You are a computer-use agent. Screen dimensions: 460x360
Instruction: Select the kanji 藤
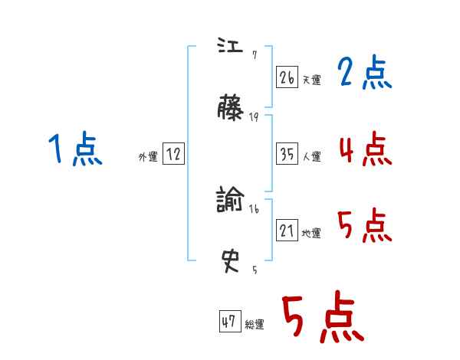click(231, 110)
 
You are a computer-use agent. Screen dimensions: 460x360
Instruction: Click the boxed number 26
click(287, 77)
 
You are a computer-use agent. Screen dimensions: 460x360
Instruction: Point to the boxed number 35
click(287, 153)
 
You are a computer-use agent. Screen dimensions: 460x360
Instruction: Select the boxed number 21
click(287, 230)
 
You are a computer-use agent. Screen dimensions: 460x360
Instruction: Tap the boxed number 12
click(173, 154)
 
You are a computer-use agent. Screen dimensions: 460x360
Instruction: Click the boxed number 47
click(228, 322)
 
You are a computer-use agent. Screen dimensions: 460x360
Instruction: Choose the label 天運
click(311, 80)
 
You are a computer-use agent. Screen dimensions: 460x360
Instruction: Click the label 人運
click(311, 156)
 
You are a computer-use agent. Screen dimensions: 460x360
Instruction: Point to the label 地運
click(311, 233)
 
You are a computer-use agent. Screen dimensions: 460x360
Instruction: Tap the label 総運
click(254, 325)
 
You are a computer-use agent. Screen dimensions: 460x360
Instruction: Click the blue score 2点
click(364, 74)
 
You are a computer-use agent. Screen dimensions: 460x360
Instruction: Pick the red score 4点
click(364, 149)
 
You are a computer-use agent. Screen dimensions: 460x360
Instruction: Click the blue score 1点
click(74, 149)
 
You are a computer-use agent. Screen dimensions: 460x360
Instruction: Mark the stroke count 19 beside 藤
click(254, 117)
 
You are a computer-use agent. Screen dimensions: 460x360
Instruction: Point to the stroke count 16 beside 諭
click(254, 208)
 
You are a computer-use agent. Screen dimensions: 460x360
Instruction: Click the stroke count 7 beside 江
click(253, 55)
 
